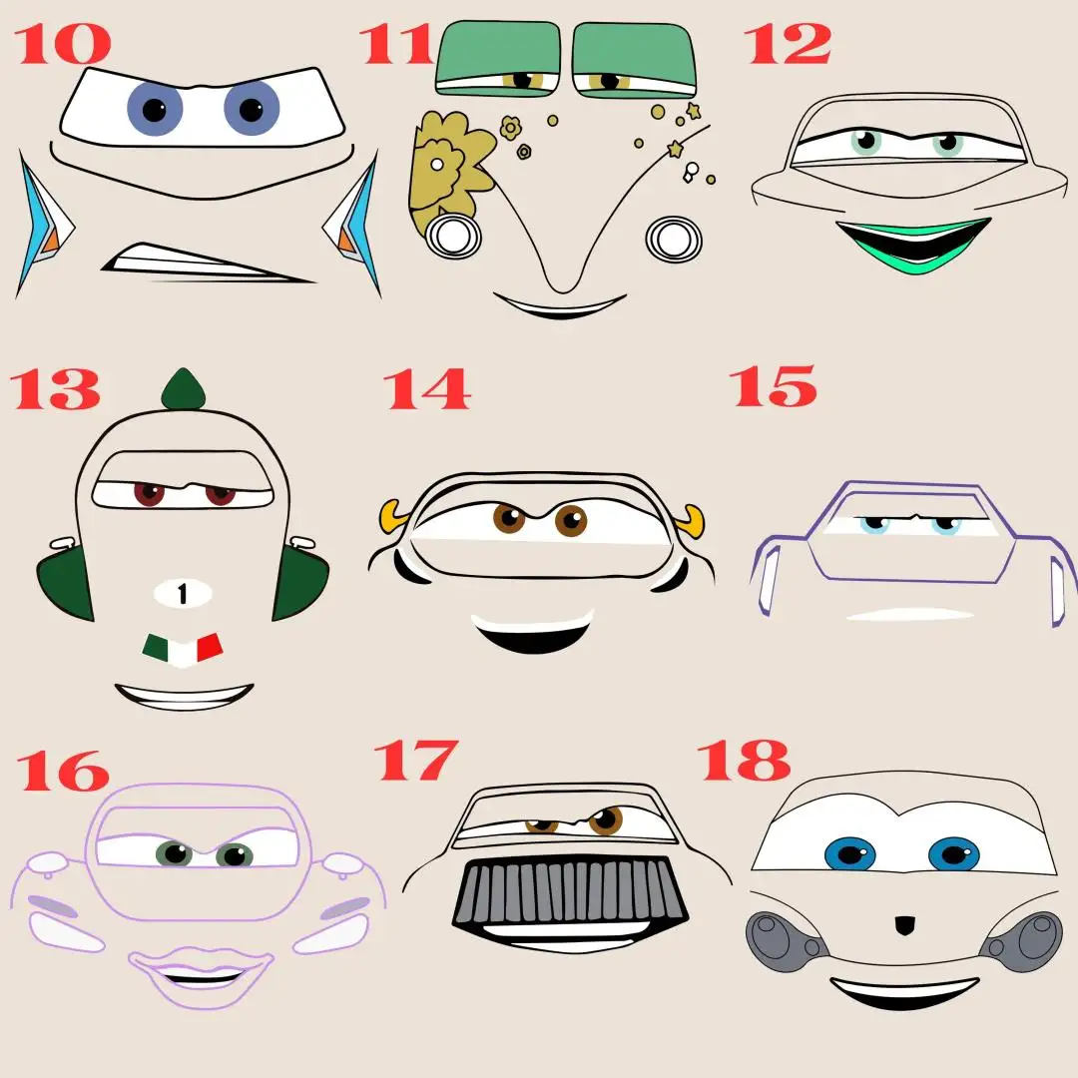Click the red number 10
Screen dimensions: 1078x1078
click(63, 44)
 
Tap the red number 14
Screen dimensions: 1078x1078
click(427, 389)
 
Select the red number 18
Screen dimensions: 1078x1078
click(745, 761)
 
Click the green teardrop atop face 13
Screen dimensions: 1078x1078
click(184, 389)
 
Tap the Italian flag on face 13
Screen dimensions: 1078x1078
click(183, 650)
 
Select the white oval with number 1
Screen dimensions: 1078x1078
click(183, 593)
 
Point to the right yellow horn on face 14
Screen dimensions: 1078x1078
click(692, 521)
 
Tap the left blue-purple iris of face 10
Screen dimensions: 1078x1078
click(155, 109)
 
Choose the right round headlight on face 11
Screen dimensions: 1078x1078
click(674, 239)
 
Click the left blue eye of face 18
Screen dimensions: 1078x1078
click(850, 854)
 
